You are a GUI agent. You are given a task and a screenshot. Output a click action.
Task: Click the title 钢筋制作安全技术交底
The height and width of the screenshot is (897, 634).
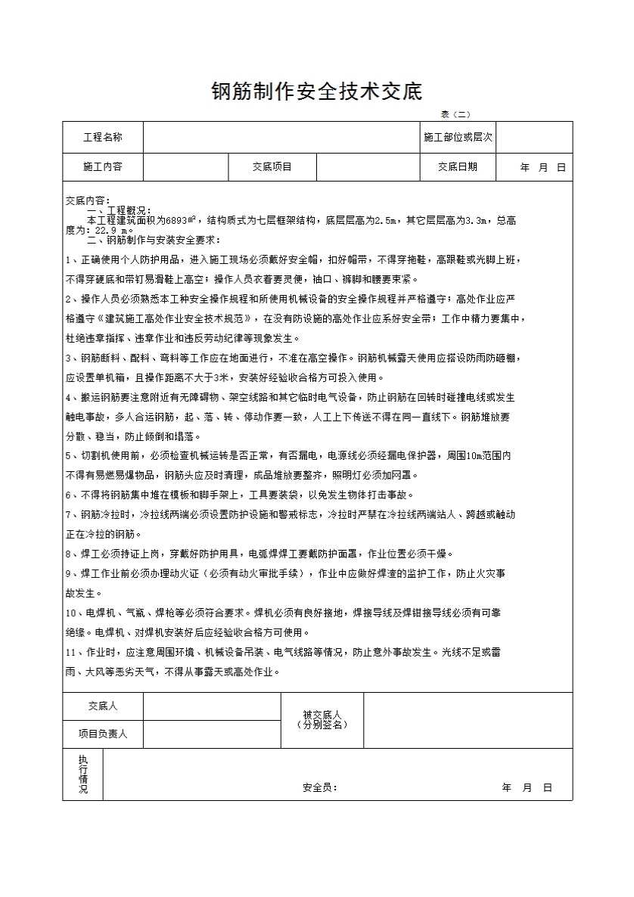pyautogui.click(x=316, y=92)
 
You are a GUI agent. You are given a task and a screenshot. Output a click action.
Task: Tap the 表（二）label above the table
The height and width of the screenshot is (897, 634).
pyautogui.click(x=455, y=115)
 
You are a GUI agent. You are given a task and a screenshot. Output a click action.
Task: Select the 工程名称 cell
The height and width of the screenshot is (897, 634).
pyautogui.click(x=103, y=138)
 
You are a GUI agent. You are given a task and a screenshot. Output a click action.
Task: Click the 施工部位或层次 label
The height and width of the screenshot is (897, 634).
pyautogui.click(x=458, y=138)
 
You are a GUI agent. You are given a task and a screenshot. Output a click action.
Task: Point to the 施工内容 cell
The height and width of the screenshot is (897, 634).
pyautogui.click(x=103, y=167)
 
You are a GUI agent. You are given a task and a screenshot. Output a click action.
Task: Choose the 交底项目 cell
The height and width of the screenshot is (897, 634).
pyautogui.click(x=272, y=167)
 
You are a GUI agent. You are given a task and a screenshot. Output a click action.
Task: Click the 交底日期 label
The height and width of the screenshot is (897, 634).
pyautogui.click(x=458, y=167)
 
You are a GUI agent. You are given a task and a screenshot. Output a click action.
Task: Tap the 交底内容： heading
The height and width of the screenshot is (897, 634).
pyautogui.click(x=89, y=200)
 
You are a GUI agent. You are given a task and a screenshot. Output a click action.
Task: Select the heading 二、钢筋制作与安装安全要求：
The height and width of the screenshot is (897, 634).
pyautogui.click(x=153, y=241)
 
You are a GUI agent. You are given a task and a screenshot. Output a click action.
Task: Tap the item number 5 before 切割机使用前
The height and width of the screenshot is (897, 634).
pyautogui.click(x=69, y=456)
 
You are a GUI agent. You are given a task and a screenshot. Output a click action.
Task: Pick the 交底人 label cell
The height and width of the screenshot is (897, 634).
pyautogui.click(x=103, y=706)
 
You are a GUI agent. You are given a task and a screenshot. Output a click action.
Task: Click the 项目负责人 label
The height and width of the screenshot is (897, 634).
pyautogui.click(x=103, y=734)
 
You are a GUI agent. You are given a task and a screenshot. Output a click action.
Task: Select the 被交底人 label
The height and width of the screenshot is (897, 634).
pyautogui.click(x=322, y=715)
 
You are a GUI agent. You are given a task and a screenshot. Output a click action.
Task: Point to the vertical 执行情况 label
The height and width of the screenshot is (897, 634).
pyautogui.click(x=83, y=774)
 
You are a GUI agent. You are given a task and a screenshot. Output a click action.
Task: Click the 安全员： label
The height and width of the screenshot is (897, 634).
pyautogui.click(x=320, y=787)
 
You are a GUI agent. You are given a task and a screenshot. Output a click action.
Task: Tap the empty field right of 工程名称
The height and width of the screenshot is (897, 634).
pyautogui.click(x=281, y=138)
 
